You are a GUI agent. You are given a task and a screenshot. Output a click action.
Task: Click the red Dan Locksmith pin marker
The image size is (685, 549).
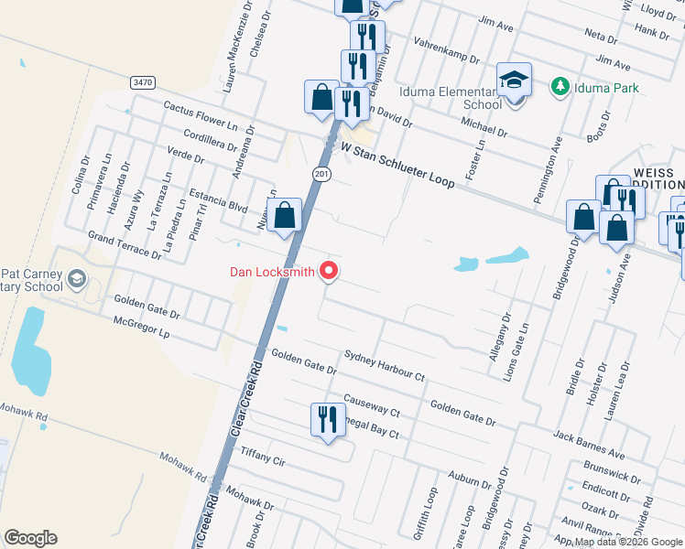coord(328,272)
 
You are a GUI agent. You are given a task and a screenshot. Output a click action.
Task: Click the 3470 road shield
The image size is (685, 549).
coord(142,82)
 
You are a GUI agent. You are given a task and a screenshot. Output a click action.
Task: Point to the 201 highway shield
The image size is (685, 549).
coord(318,175)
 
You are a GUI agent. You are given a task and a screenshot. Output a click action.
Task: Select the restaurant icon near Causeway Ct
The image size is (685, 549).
coord(327,419)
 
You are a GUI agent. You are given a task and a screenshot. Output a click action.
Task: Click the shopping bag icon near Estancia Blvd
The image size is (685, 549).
coord(285,216)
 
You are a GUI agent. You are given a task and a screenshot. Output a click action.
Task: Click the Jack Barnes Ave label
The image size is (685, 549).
coord(588,442)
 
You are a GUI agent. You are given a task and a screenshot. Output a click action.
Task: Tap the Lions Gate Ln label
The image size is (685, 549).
coord(524,339)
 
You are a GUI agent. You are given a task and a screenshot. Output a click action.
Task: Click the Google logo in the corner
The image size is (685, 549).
coord(30,538)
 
